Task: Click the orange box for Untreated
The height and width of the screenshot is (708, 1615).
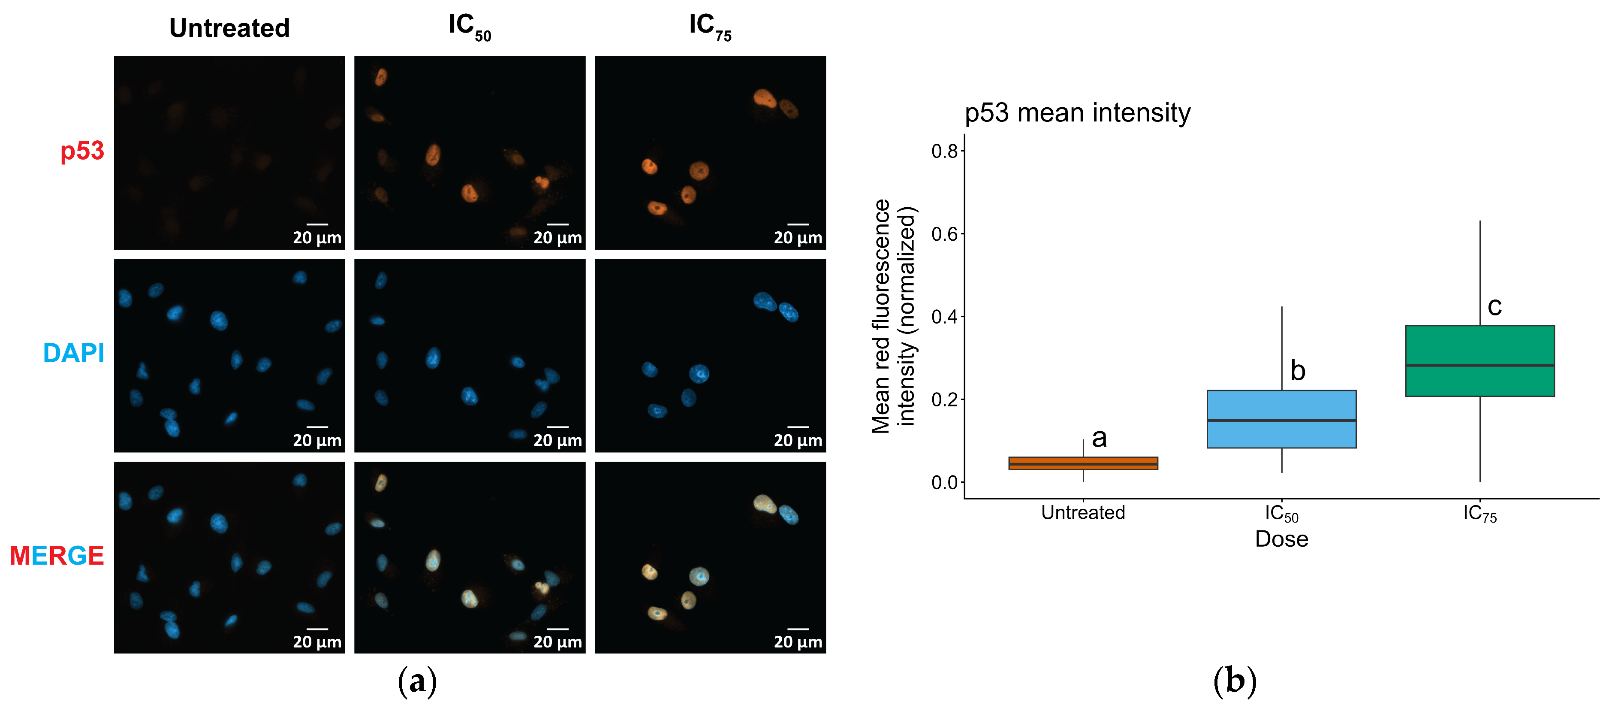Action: [x=1083, y=463]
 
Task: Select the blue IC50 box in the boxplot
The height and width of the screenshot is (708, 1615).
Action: [x=1281, y=419]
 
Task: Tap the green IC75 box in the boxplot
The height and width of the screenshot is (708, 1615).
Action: [x=1479, y=360]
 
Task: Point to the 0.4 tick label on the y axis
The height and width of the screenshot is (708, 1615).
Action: [x=944, y=317]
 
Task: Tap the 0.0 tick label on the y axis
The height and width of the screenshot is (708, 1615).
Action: [x=944, y=482]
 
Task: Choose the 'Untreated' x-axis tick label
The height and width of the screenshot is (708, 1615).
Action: [x=1083, y=512]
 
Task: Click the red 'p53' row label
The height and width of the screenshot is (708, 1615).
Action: [x=82, y=151]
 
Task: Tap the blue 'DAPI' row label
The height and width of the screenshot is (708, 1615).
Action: [x=73, y=353]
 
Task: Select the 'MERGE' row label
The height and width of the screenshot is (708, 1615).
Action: [x=57, y=556]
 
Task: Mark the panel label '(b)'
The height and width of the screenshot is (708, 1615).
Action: [x=1235, y=682]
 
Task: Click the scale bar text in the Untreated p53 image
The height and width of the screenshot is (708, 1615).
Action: [x=317, y=238]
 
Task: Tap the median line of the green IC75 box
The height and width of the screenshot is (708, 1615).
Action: [x=1479, y=365]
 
